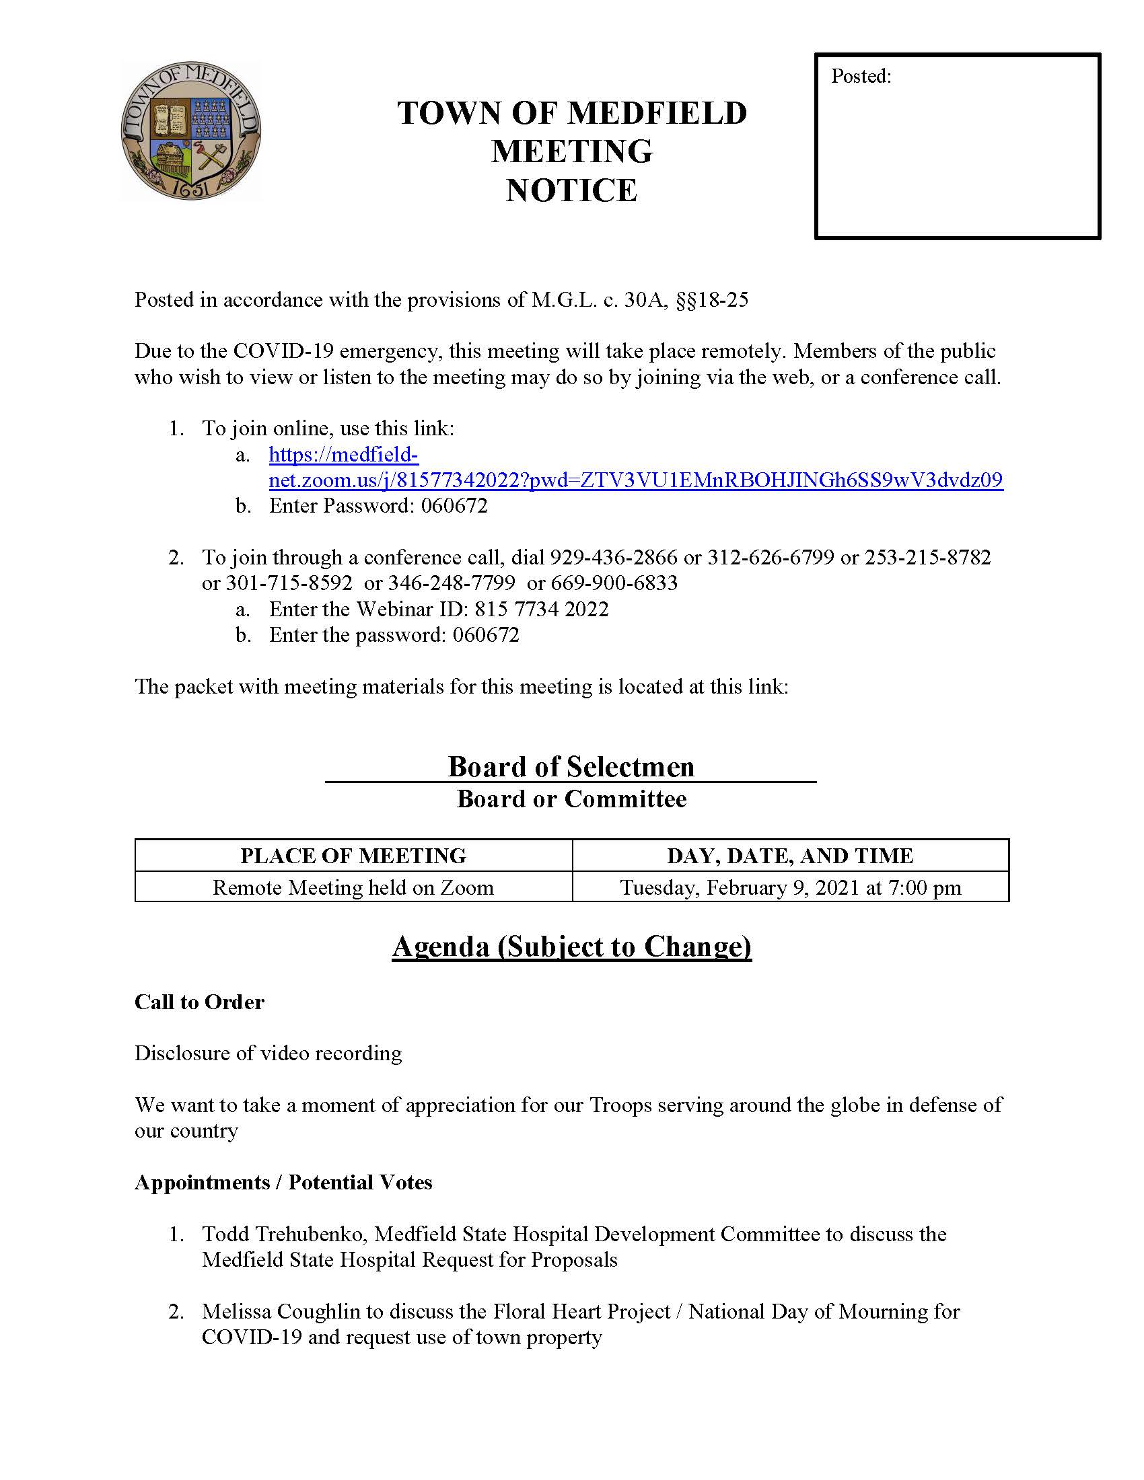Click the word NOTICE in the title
tap(571, 190)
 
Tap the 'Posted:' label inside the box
tap(861, 76)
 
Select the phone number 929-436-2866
tap(613, 557)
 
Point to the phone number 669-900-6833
tap(614, 583)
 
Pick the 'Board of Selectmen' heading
tap(571, 766)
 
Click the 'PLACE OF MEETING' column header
tap(353, 855)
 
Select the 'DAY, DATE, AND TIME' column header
tap(790, 855)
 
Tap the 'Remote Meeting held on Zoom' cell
tap(353, 887)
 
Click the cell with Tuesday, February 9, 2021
tap(790, 887)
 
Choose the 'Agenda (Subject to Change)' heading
tap(571, 946)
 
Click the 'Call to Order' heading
tap(199, 1002)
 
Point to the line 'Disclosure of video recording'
tap(269, 1053)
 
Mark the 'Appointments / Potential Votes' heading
tap(283, 1182)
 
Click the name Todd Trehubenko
tap(285, 1234)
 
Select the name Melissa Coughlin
tap(281, 1311)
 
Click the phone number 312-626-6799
tap(771, 557)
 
